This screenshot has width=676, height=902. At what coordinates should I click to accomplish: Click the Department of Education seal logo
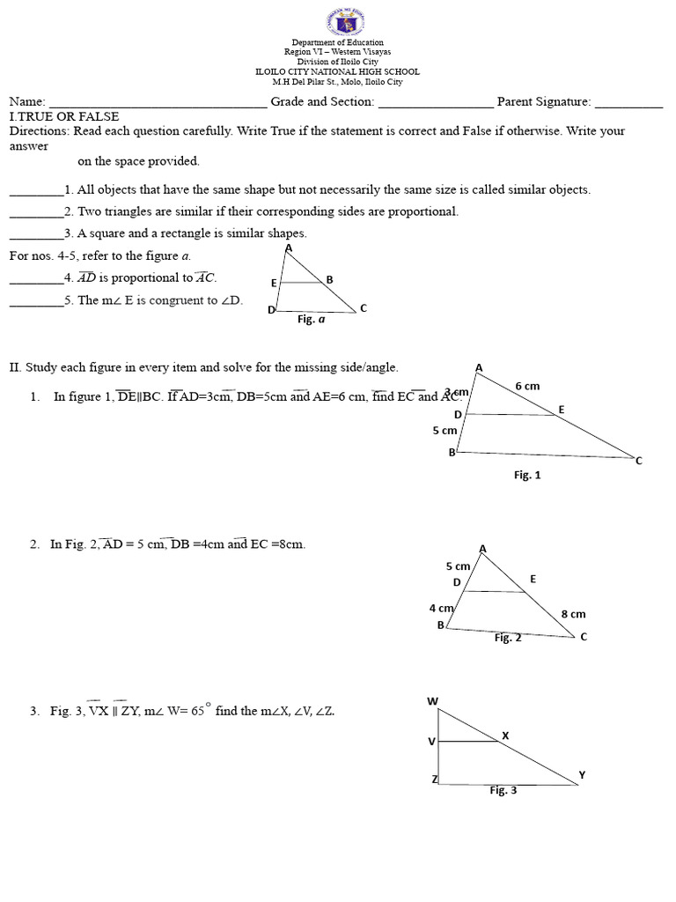(x=337, y=19)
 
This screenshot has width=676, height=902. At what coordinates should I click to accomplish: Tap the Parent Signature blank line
(x=628, y=104)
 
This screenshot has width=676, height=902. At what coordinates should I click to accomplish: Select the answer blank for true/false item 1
(x=36, y=191)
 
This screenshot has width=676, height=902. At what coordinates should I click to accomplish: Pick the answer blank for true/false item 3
(x=36, y=235)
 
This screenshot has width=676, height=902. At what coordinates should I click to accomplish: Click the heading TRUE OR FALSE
(x=67, y=116)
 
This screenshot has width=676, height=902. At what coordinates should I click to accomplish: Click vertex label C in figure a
(x=363, y=307)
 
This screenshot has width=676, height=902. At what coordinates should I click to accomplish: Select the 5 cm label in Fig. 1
(x=445, y=431)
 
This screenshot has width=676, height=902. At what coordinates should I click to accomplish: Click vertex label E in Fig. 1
(x=561, y=410)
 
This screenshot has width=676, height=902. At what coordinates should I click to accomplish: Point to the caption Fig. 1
(x=527, y=475)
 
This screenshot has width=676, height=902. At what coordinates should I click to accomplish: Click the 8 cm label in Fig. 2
(x=572, y=613)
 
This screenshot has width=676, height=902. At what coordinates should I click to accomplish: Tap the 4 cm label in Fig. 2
(x=441, y=608)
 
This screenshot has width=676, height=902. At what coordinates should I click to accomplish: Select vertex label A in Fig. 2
(x=482, y=548)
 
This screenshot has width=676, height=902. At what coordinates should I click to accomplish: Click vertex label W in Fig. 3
(x=432, y=701)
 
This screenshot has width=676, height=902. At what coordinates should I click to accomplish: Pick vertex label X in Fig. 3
(x=505, y=735)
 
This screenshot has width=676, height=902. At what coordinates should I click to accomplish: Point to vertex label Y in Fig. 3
(x=581, y=775)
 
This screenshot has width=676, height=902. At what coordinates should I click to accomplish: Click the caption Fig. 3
(x=503, y=790)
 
